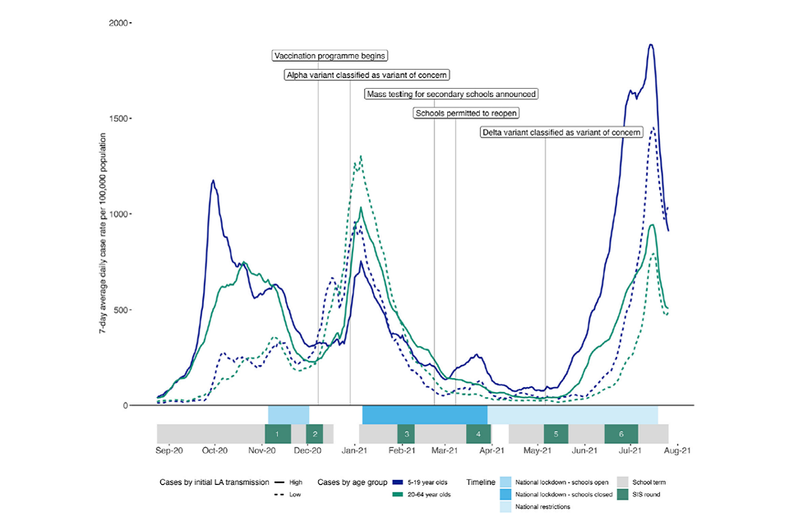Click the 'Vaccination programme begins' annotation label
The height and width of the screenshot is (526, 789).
tap(330, 56)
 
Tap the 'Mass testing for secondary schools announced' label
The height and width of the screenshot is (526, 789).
tap(451, 94)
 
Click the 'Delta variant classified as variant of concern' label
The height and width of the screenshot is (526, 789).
tap(561, 132)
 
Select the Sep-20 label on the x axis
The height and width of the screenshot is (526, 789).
tap(168, 450)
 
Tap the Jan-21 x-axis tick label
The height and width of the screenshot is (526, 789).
tap(354, 450)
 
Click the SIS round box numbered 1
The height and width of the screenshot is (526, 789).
tap(278, 434)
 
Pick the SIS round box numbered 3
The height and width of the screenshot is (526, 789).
tap(407, 434)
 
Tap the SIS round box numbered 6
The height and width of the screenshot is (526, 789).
tap(621, 434)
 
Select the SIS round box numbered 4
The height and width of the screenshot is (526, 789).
tap(478, 434)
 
